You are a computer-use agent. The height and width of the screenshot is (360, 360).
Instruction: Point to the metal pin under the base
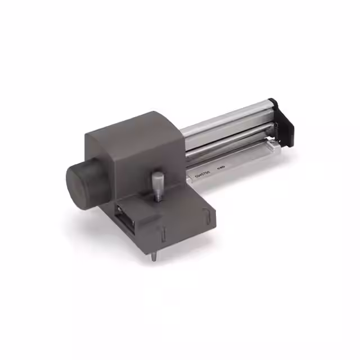point(154,255)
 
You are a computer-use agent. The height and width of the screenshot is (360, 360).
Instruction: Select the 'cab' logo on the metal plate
point(221,166)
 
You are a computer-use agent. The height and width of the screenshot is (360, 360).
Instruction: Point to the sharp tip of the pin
point(154,259)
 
